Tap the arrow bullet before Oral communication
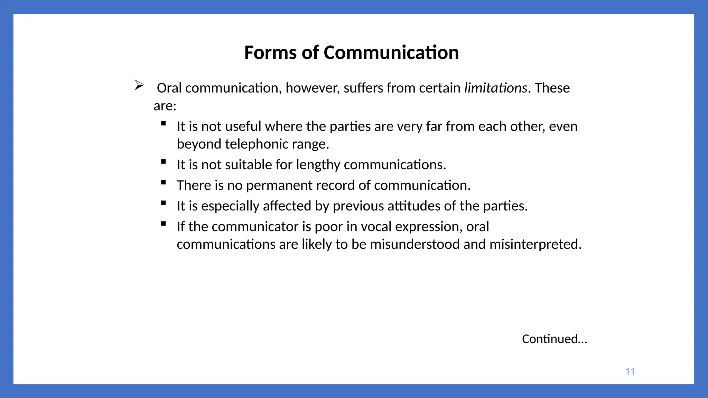point(139,85)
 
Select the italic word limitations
point(495,88)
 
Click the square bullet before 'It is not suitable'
point(164,161)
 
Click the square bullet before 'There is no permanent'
point(164,182)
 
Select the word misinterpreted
point(535,244)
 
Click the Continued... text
point(554,339)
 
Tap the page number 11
point(630,372)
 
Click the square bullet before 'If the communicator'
point(164,224)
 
